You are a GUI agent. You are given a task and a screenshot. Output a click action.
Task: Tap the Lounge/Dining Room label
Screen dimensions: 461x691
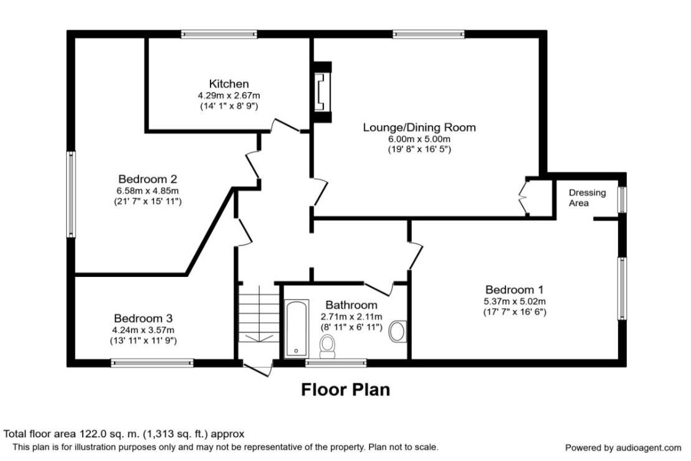(419, 128)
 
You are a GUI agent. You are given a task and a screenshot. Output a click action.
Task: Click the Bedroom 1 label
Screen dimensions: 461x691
(515, 289)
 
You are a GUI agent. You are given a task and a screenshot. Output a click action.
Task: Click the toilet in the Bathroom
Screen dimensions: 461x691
(327, 347)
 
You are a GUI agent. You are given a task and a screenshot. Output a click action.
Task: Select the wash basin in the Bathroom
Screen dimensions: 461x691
(397, 331)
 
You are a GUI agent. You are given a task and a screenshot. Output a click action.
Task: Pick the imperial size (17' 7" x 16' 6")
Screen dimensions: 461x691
(515, 312)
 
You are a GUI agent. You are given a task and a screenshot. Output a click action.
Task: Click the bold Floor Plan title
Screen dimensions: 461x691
(345, 390)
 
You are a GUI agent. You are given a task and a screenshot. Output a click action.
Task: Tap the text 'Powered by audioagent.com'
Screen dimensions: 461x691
(622, 447)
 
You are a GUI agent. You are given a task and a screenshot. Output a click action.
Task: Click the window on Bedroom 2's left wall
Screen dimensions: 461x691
(72, 194)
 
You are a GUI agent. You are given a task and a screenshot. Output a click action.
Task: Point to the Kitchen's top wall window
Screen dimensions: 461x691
(219, 34)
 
